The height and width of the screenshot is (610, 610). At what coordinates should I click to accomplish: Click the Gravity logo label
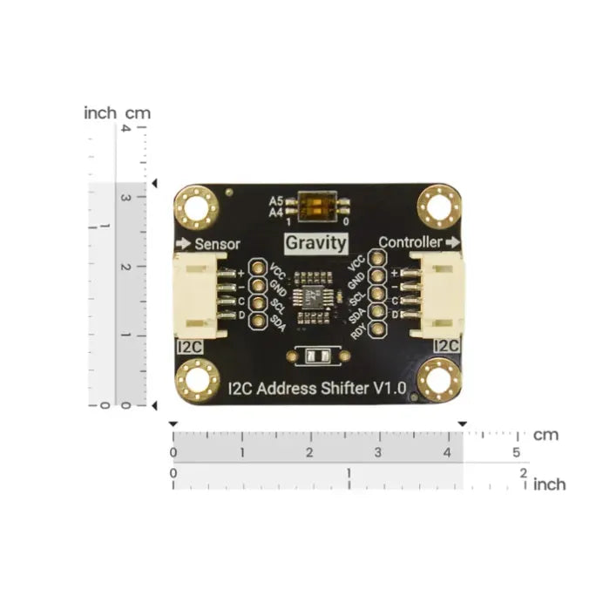316,243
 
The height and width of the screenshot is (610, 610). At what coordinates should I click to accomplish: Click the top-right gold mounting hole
437,208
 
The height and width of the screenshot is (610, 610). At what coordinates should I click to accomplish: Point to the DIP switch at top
316,206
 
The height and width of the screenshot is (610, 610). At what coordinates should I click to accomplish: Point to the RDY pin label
357,329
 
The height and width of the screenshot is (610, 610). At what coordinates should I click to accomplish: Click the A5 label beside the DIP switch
275,200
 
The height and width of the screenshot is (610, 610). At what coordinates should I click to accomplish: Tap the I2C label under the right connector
445,347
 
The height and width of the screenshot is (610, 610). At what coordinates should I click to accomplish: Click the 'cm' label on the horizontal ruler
546,434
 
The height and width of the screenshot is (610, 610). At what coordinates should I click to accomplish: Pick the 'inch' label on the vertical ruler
100,112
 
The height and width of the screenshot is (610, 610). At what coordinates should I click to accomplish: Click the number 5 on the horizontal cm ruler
516,452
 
